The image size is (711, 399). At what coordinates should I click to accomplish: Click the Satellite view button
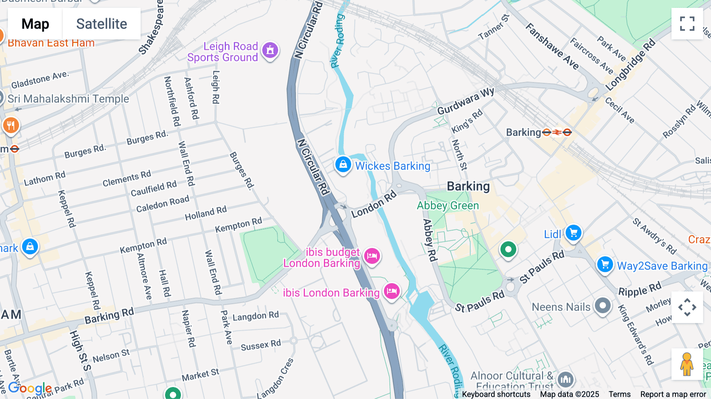pyautogui.click(x=102, y=24)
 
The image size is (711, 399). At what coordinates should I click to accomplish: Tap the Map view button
pyautogui.click(x=35, y=24)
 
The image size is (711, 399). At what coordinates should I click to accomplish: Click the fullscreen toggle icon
pyautogui.click(x=687, y=24)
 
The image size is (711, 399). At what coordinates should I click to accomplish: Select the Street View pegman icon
pyautogui.click(x=687, y=364)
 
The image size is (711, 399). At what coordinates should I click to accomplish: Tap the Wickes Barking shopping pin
pyautogui.click(x=343, y=164)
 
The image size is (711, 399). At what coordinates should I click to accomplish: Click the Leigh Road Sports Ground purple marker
pyautogui.click(x=270, y=51)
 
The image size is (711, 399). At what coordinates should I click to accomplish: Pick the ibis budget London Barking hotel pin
pyautogui.click(x=372, y=256)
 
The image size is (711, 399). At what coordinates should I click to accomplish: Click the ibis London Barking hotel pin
pyautogui.click(x=391, y=291)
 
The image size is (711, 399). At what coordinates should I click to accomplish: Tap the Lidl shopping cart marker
pyautogui.click(x=573, y=233)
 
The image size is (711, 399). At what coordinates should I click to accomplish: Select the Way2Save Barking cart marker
pyautogui.click(x=605, y=264)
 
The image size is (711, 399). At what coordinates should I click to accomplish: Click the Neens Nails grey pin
pyautogui.click(x=603, y=305)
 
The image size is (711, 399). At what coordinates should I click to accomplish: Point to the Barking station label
pyautogui.click(x=523, y=132)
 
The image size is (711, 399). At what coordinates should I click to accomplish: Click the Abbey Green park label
pyautogui.click(x=448, y=206)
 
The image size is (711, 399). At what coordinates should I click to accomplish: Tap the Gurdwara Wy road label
pyautogui.click(x=465, y=101)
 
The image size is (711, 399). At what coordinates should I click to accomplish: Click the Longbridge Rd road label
pyautogui.click(x=630, y=65)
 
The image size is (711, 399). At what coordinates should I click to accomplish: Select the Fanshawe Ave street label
pyautogui.click(x=552, y=47)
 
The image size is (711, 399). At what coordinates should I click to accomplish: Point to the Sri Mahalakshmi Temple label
pyautogui.click(x=68, y=99)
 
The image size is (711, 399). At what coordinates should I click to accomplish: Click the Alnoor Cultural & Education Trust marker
pyautogui.click(x=566, y=379)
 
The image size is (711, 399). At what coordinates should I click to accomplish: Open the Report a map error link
pyautogui.click(x=673, y=394)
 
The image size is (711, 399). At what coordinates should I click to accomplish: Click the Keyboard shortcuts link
pyautogui.click(x=496, y=394)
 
